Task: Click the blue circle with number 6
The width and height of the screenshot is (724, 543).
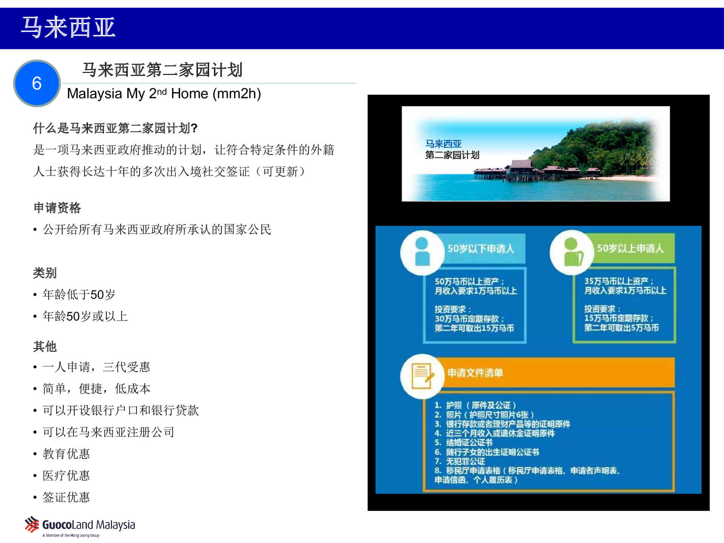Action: pyautogui.click(x=37, y=83)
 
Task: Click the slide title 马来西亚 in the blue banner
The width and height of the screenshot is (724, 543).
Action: pyautogui.click(x=68, y=28)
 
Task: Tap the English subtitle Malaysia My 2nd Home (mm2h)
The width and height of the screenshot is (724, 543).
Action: pyautogui.click(x=164, y=94)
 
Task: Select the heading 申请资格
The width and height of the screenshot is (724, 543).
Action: pyautogui.click(x=57, y=207)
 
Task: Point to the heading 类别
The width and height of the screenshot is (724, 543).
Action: pyautogui.click(x=45, y=273)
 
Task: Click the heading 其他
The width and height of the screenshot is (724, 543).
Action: pyautogui.click(x=45, y=346)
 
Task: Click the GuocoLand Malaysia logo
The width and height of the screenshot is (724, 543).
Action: pyautogui.click(x=80, y=526)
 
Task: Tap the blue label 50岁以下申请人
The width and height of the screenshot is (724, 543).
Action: pyautogui.click(x=481, y=248)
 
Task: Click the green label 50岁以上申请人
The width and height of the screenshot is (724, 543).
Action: pyautogui.click(x=630, y=248)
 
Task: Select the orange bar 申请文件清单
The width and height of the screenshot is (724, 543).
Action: pyautogui.click(x=556, y=373)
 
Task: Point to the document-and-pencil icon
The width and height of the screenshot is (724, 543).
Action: pyautogui.click(x=422, y=376)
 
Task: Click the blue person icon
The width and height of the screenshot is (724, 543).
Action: pyautogui.click(x=422, y=252)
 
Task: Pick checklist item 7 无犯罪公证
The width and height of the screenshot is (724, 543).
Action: pyautogui.click(x=460, y=461)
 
